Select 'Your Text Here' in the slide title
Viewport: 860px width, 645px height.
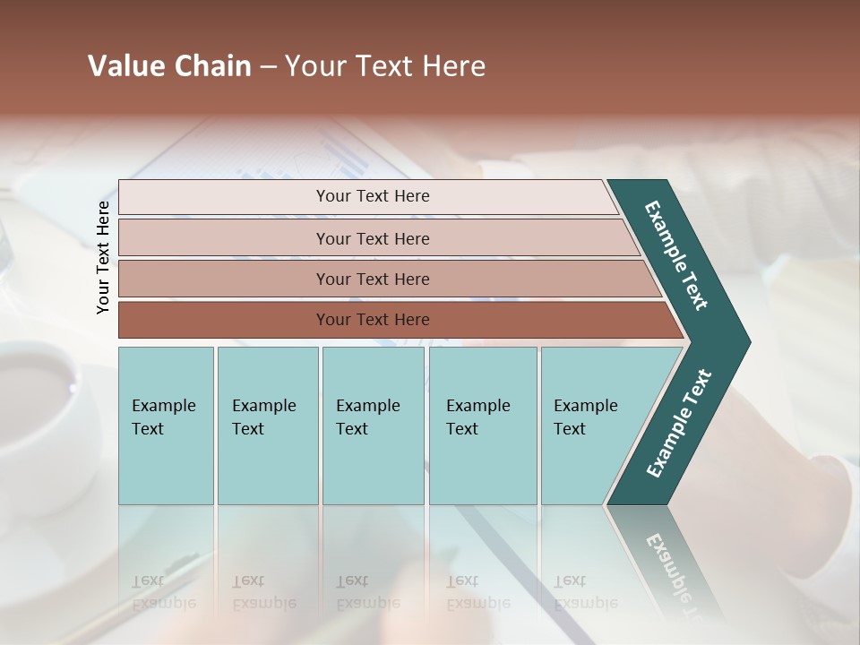385,66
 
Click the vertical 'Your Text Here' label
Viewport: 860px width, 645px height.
103,257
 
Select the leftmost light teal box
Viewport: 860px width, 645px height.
166,426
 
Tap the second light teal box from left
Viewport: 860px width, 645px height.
267,426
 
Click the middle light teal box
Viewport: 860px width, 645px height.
373,426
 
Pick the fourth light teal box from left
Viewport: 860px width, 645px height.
482,426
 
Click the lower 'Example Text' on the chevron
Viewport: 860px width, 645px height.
679,424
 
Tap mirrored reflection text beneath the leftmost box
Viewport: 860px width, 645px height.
164,592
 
